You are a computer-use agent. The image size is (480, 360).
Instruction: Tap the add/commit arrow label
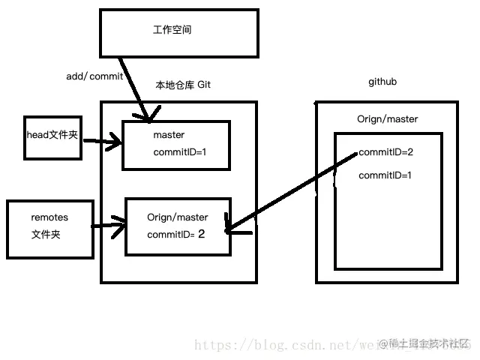[94, 76]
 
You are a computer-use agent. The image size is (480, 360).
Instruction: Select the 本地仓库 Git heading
[182, 85]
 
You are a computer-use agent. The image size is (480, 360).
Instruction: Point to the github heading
[382, 81]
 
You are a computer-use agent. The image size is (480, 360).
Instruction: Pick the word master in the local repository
[169, 135]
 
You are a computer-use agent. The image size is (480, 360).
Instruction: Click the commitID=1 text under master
[179, 151]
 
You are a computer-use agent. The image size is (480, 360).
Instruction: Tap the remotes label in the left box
[49, 217]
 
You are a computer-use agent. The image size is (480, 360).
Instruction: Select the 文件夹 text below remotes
[46, 234]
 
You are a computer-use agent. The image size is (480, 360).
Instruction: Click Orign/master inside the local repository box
[178, 217]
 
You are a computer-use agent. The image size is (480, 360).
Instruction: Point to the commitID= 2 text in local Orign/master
[176, 234]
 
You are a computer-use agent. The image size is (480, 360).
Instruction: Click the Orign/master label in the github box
[388, 119]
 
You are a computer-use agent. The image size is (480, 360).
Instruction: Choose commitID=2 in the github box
[386, 152]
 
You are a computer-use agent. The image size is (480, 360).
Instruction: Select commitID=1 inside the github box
[385, 175]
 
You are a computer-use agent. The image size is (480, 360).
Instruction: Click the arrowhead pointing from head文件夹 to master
[115, 139]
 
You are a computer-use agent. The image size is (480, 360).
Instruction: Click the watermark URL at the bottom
[285, 345]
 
